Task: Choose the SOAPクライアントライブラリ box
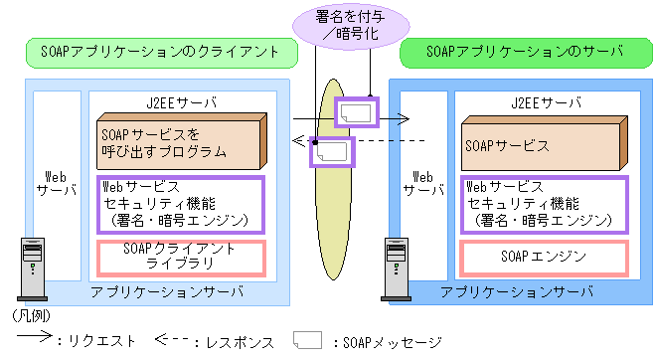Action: tap(180, 257)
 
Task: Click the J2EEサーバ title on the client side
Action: tap(179, 102)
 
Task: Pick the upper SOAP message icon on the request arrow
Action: tap(357, 112)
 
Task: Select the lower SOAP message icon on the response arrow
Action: tap(332, 151)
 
